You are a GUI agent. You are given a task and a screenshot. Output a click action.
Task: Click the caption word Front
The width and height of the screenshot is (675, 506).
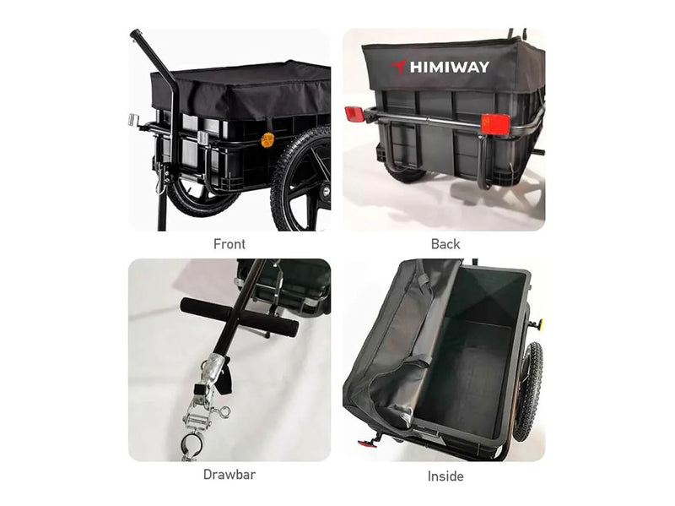(x=229, y=244)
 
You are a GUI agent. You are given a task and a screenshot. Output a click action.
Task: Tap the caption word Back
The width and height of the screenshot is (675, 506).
(x=445, y=244)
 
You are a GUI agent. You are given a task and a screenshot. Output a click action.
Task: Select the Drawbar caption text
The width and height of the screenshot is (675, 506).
(x=229, y=474)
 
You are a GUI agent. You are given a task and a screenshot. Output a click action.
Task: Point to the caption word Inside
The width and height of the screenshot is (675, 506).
(x=445, y=476)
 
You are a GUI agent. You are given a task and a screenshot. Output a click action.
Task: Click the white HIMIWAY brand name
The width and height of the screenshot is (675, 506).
(x=449, y=67)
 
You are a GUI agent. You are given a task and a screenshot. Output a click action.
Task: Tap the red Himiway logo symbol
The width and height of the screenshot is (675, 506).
(x=399, y=67)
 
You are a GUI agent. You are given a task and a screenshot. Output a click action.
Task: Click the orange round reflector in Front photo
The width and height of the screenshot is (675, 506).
(x=267, y=139)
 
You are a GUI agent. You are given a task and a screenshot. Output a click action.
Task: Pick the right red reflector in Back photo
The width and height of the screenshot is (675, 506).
(x=495, y=122)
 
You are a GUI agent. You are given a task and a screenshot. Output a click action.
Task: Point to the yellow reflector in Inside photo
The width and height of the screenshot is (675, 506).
(x=537, y=323)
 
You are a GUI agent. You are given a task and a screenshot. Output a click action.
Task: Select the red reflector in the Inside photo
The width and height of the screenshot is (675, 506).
(x=364, y=443)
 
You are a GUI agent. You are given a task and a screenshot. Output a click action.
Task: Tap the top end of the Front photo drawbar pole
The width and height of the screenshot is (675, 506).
(x=135, y=35)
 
